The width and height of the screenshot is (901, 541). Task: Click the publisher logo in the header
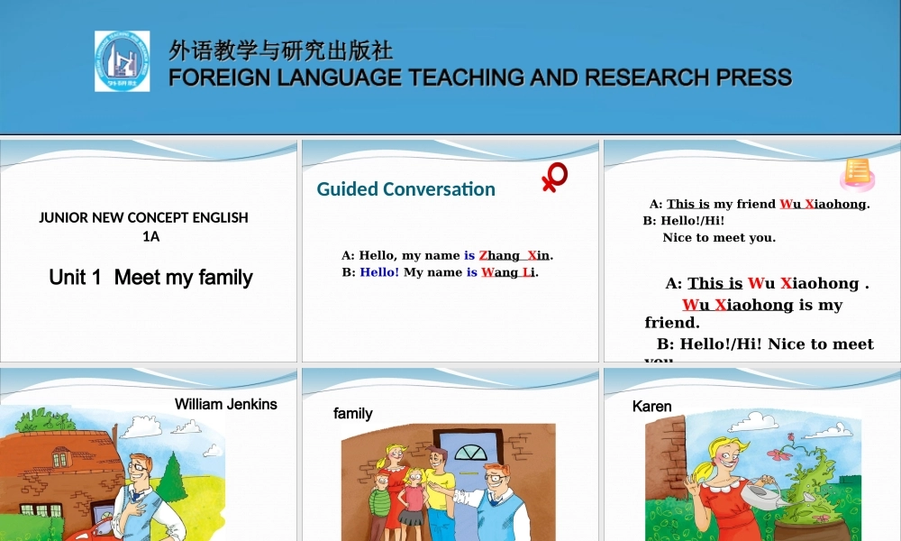pyautogui.click(x=123, y=61)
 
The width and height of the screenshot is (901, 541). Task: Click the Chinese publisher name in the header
pyautogui.click(x=280, y=50)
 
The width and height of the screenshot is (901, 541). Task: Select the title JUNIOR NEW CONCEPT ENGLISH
pyautogui.click(x=144, y=217)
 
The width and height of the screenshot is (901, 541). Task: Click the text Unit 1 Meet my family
pyautogui.click(x=150, y=277)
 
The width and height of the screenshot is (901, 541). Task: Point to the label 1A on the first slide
pyautogui.click(x=150, y=236)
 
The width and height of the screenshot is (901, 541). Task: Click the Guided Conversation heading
pyautogui.click(x=405, y=189)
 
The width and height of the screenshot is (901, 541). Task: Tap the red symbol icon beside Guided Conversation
pyautogui.click(x=554, y=178)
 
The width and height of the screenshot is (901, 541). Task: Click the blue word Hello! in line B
pyautogui.click(x=379, y=272)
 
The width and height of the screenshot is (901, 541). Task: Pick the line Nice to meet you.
pyautogui.click(x=719, y=238)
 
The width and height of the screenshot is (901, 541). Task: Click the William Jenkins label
pyautogui.click(x=225, y=404)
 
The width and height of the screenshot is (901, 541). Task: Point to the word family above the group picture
pyautogui.click(x=353, y=414)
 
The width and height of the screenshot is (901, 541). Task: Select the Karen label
pyautogui.click(x=651, y=407)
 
